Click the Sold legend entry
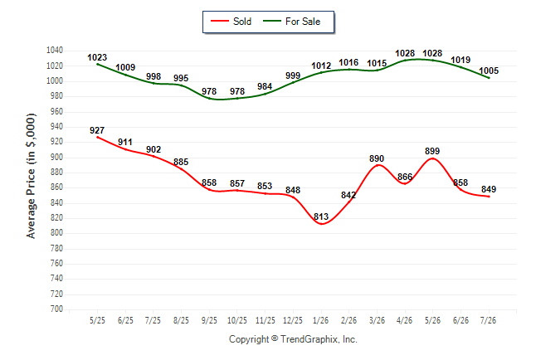pos(231,22)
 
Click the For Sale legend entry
pos(291,22)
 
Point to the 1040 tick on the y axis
pos(55,51)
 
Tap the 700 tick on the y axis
pos(56,309)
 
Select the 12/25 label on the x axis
pos(293,320)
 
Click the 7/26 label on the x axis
pos(488,320)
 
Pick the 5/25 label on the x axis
pos(97,320)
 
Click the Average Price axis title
pos(31,176)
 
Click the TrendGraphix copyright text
pos(293,339)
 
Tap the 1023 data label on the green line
pos(97,57)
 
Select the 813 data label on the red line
pos(321,216)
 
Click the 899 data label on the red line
pos(432,151)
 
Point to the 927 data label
pos(97,130)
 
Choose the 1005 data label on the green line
pos(489,71)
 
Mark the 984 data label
pos(265,86)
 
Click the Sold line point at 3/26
pos(377,165)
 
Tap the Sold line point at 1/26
pos(321,224)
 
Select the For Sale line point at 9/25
pos(209,99)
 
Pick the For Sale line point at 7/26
pos(489,78)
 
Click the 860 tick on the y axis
pos(56,187)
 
